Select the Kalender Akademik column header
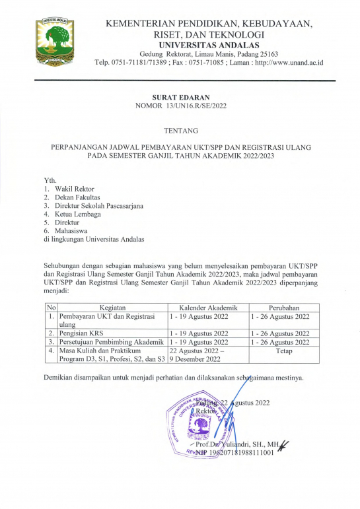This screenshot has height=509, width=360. tap(207, 308)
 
